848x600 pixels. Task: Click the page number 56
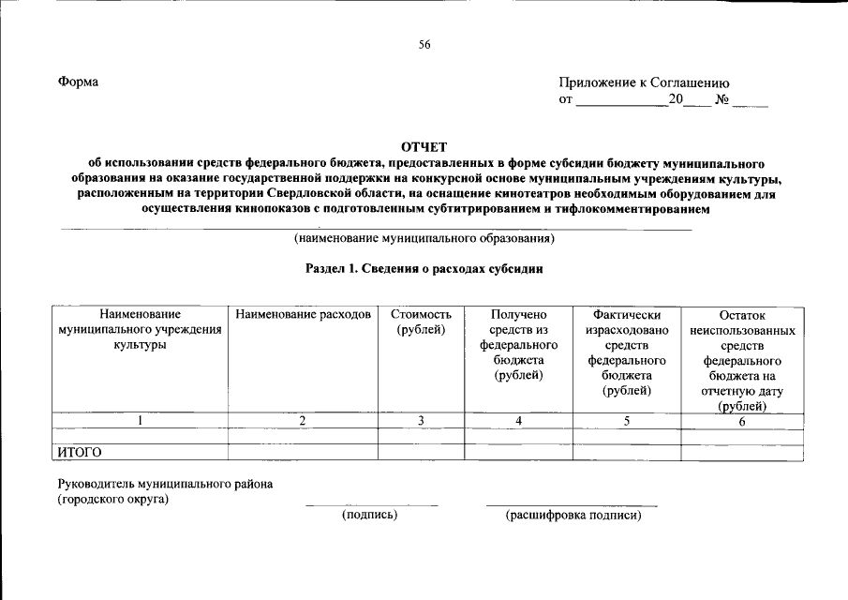click(x=424, y=44)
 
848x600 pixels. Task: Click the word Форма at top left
click(x=78, y=82)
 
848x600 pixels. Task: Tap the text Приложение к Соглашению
click(x=644, y=82)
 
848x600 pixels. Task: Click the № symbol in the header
click(x=722, y=99)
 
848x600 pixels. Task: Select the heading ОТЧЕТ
click(x=424, y=146)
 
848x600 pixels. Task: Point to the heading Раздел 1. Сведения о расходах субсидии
click(x=424, y=268)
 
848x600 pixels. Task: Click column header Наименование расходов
click(x=304, y=315)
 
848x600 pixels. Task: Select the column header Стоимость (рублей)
click(x=421, y=322)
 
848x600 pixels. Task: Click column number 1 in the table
click(x=140, y=421)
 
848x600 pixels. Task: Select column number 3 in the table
click(x=421, y=421)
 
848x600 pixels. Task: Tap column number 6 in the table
click(x=742, y=421)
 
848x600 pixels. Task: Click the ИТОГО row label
click(x=80, y=452)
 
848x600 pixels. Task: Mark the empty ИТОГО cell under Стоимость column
click(x=421, y=452)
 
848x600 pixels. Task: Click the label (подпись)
click(x=370, y=516)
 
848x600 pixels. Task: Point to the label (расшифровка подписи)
click(x=573, y=516)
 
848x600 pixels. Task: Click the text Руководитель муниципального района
click(x=165, y=484)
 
